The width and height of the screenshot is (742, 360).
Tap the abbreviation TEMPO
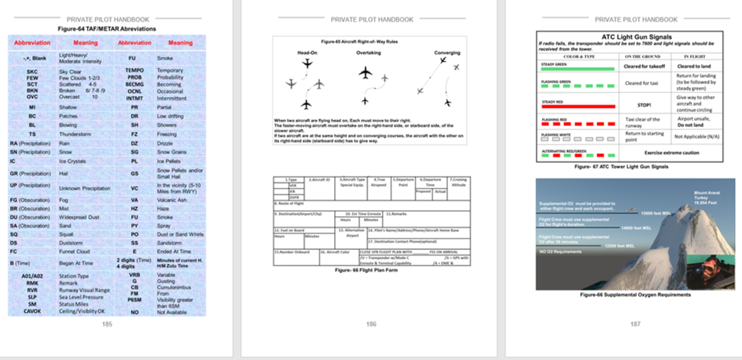[x=134, y=71]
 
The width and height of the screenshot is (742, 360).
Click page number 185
[x=107, y=325]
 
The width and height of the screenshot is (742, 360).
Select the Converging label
[x=447, y=53]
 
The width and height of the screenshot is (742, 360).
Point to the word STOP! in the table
[x=645, y=103]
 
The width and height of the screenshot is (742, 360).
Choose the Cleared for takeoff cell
[x=645, y=67]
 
